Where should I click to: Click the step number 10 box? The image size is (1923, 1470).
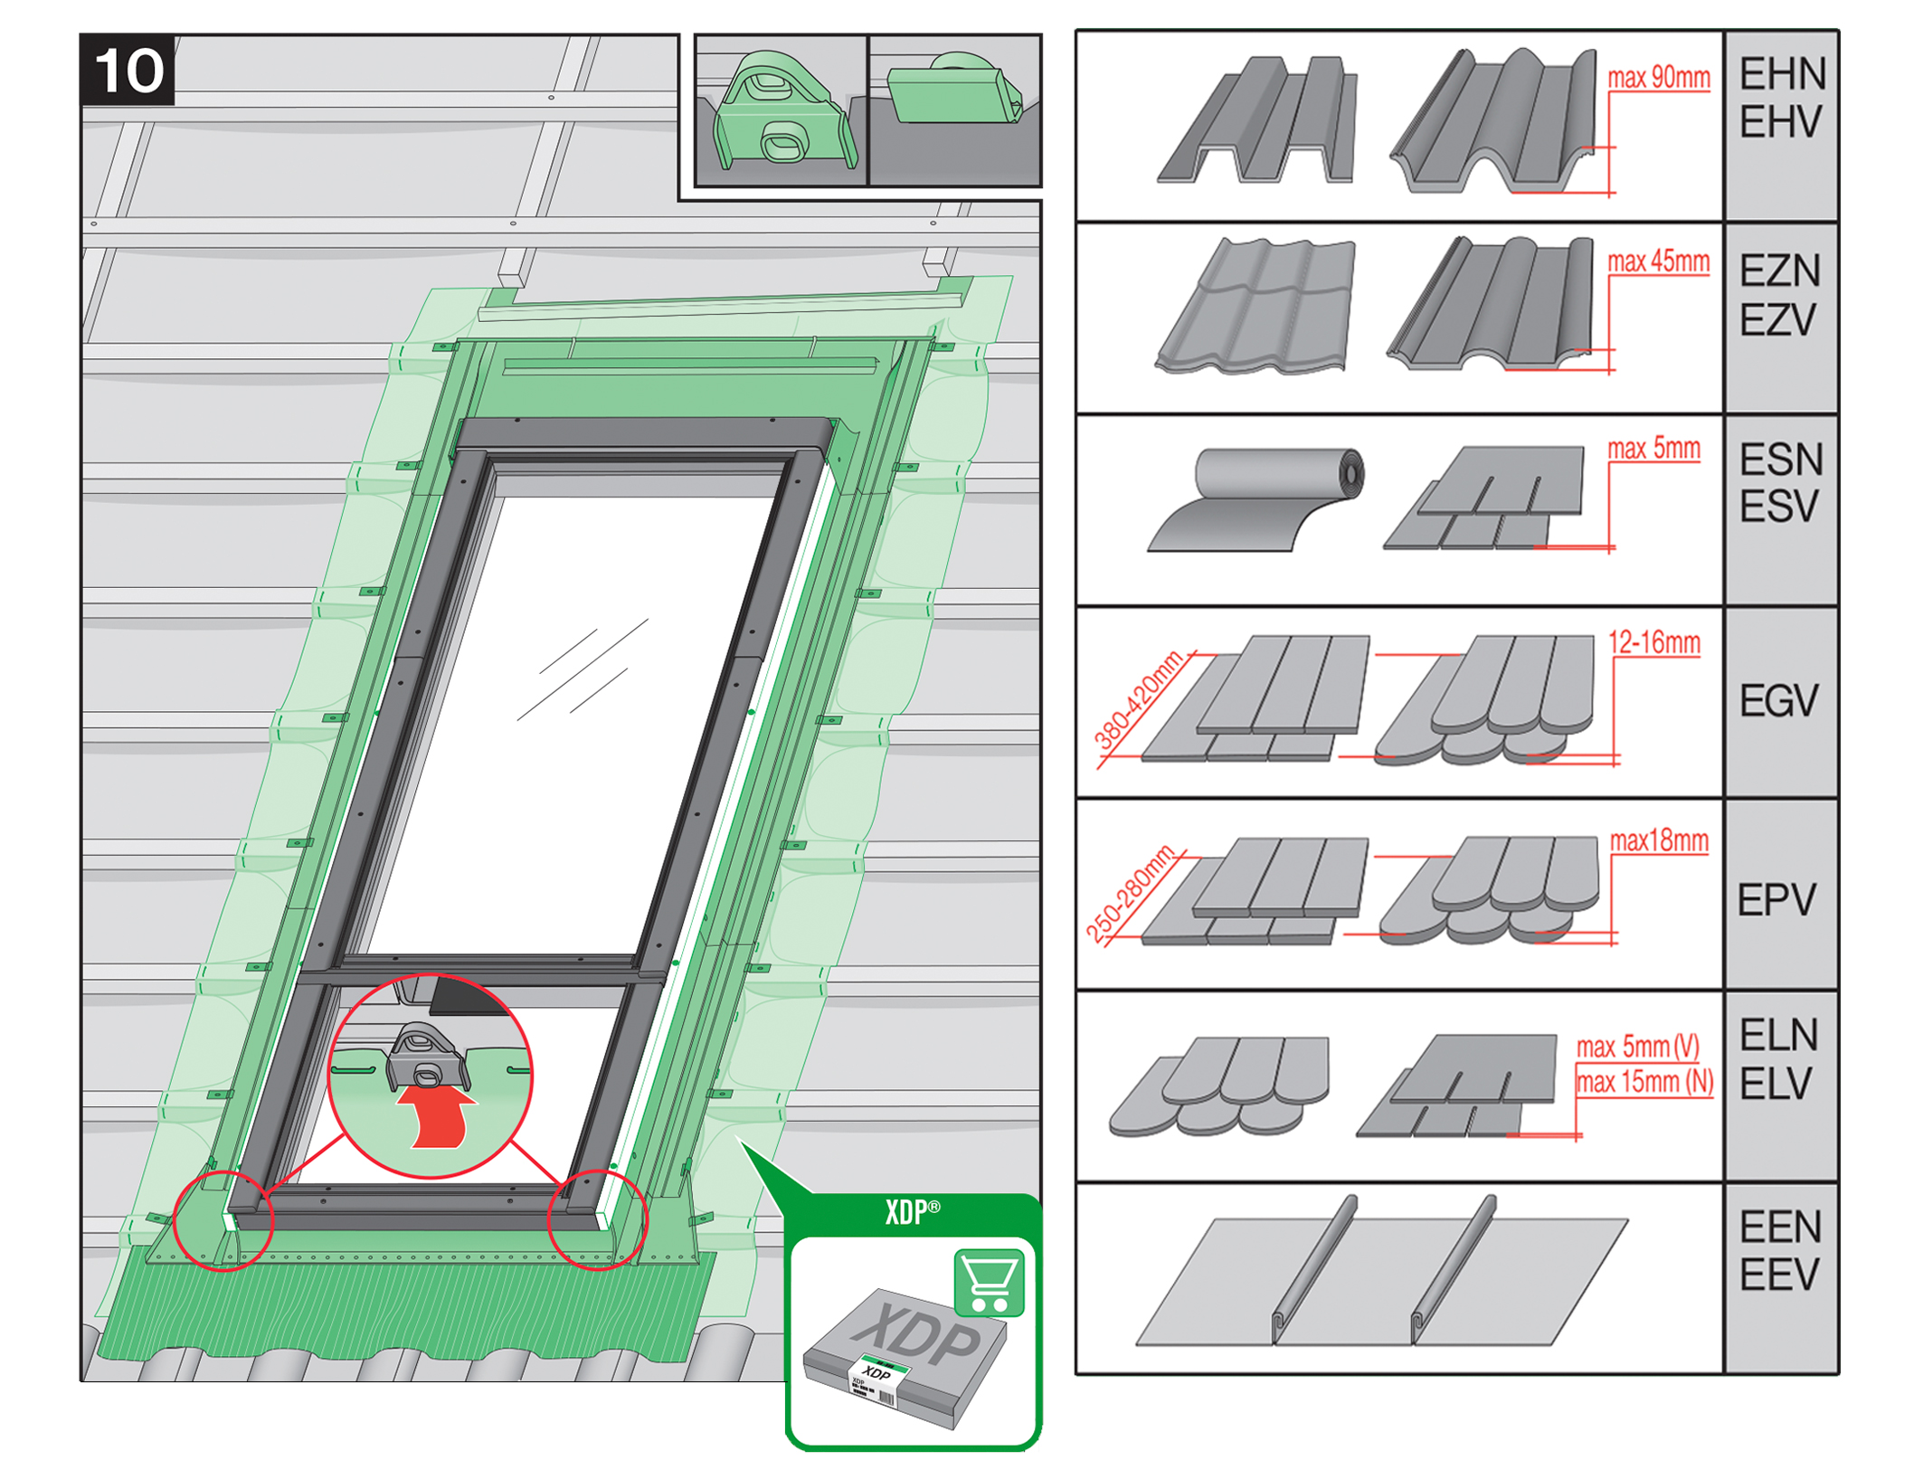[127, 71]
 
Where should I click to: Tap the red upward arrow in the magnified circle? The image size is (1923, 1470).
[438, 1114]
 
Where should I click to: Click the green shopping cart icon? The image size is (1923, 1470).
[989, 1282]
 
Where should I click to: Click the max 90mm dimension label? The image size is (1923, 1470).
[1658, 79]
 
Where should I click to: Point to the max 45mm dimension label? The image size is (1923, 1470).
[1658, 262]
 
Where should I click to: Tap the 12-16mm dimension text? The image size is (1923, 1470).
[1653, 643]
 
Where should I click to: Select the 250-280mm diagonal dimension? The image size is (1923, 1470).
[1130, 894]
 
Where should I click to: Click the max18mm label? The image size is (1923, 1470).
[1658, 841]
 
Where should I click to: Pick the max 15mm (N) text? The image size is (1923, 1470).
[1644, 1082]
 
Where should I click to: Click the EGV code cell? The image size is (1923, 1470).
[1778, 701]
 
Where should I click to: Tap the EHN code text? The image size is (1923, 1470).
[1782, 74]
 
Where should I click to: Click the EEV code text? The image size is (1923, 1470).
[1779, 1276]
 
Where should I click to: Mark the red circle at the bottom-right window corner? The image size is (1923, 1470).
[597, 1219]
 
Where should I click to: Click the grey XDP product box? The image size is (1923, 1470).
[905, 1357]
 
